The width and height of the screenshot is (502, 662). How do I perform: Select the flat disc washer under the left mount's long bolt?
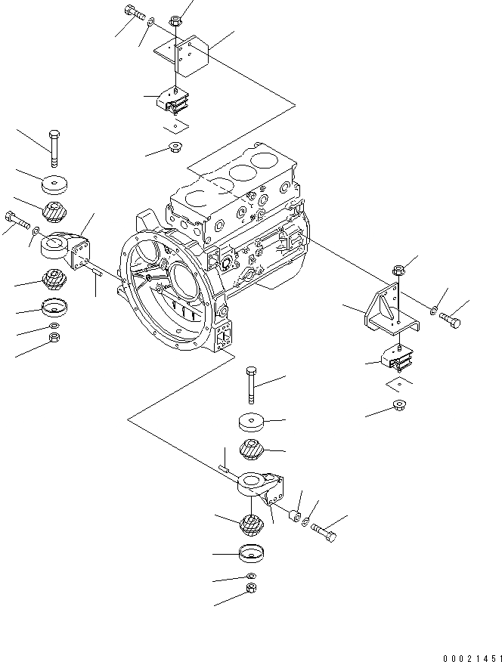53,184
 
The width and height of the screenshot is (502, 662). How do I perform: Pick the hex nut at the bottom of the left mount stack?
54,337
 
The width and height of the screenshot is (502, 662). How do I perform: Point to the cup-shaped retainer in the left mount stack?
54,308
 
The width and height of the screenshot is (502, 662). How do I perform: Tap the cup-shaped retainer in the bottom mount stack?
252,555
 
